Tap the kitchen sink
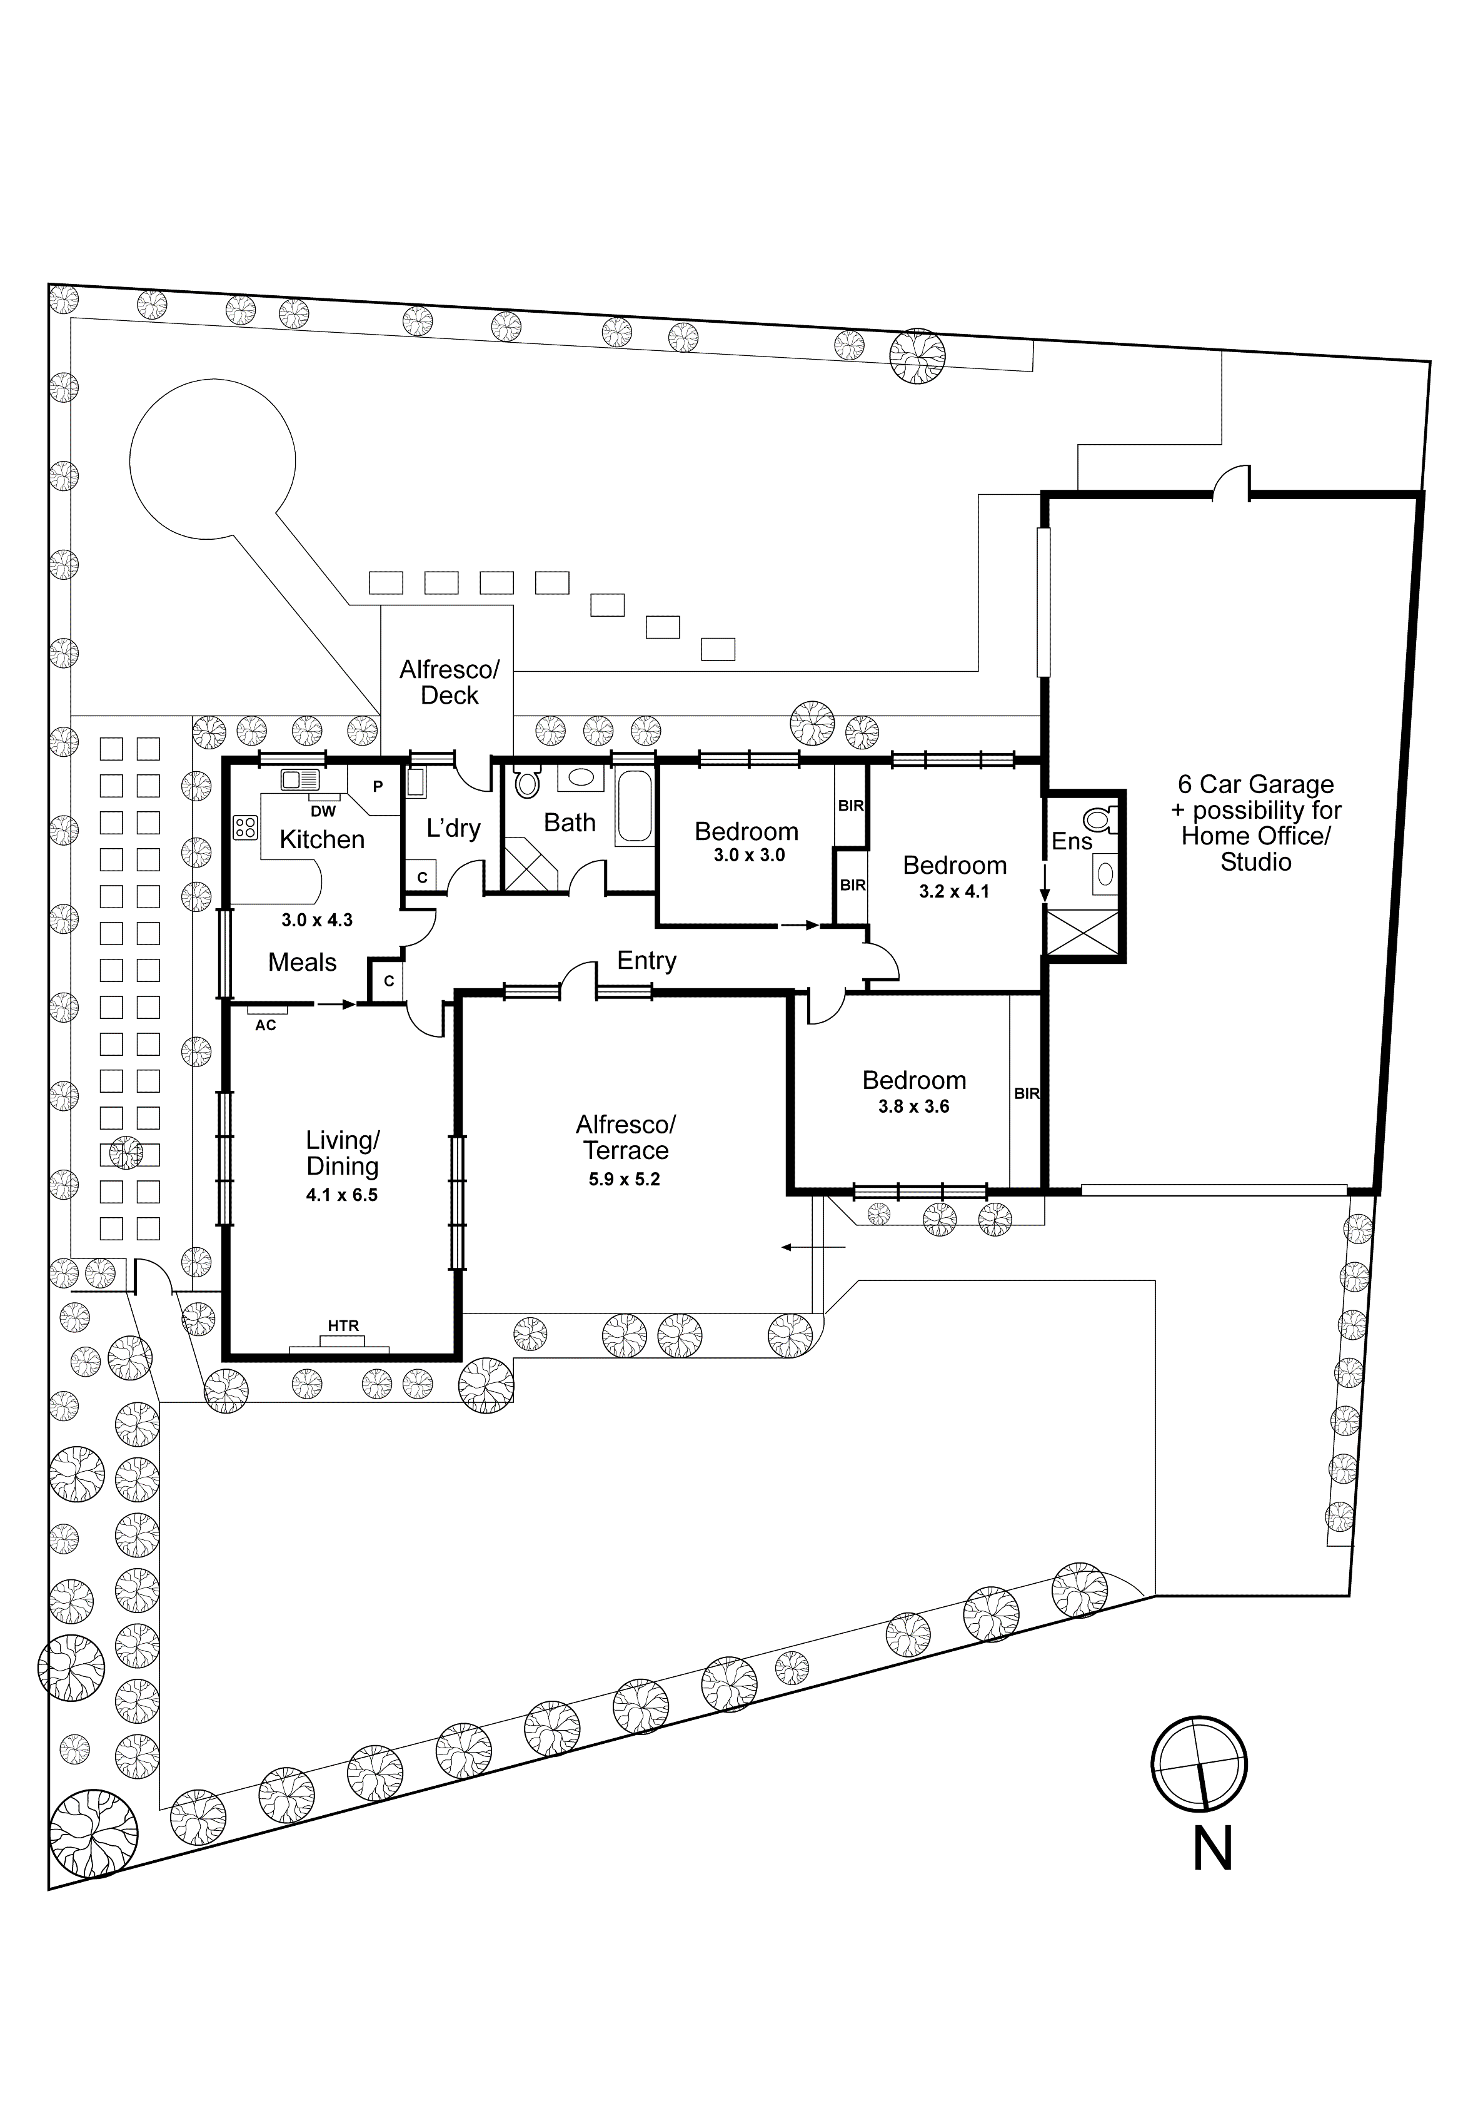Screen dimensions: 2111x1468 tap(299, 780)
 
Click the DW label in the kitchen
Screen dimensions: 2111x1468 tap(323, 812)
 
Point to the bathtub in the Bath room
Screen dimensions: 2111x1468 tap(634, 806)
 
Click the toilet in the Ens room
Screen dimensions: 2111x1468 tap(1098, 818)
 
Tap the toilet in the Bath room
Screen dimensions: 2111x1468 tap(526, 782)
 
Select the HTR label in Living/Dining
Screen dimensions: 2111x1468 tap(343, 1325)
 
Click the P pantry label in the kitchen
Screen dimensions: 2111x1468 tap(378, 787)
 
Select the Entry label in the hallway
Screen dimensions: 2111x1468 tap(646, 961)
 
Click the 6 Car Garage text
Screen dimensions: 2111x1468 tap(1255, 784)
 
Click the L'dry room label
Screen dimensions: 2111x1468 tap(453, 828)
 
